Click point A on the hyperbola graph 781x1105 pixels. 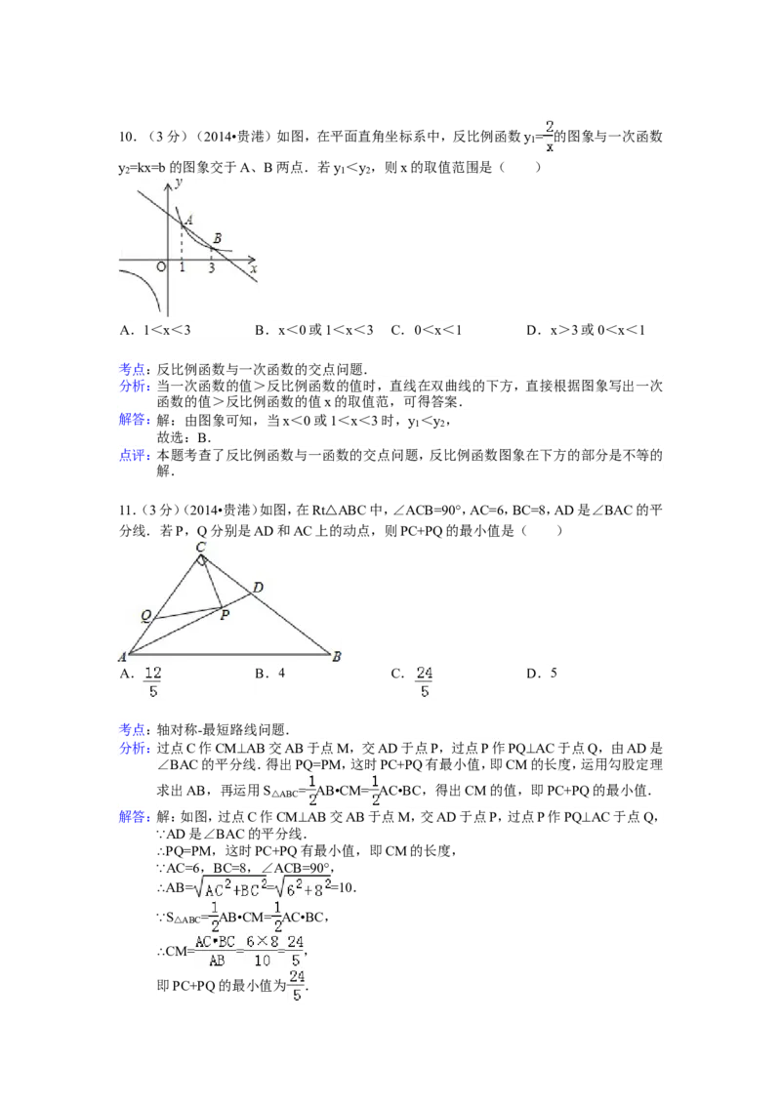click(x=187, y=220)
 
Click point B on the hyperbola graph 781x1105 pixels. click(x=217, y=238)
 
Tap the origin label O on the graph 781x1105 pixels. click(x=161, y=267)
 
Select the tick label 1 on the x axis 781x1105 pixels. click(x=183, y=268)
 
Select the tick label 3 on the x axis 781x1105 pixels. click(x=212, y=268)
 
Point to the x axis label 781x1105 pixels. click(x=254, y=267)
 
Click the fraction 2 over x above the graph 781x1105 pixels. click(x=549, y=137)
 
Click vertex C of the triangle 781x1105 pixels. click(x=200, y=546)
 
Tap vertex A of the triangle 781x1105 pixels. click(x=122, y=656)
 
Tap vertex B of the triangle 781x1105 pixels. click(x=337, y=656)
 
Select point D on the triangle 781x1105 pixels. click(x=258, y=587)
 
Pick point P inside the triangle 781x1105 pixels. click(x=225, y=614)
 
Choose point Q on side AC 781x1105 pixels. click(x=145, y=616)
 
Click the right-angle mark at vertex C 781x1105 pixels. click(x=202, y=560)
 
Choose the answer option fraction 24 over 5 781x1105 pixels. click(x=424, y=681)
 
